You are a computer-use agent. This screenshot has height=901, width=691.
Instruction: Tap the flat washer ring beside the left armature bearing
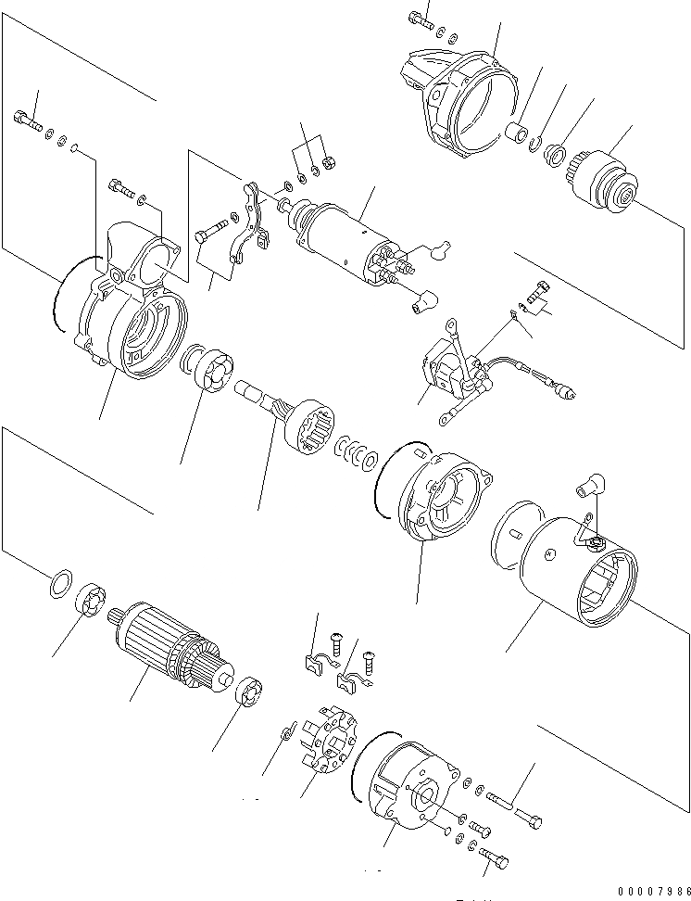(x=58, y=584)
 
